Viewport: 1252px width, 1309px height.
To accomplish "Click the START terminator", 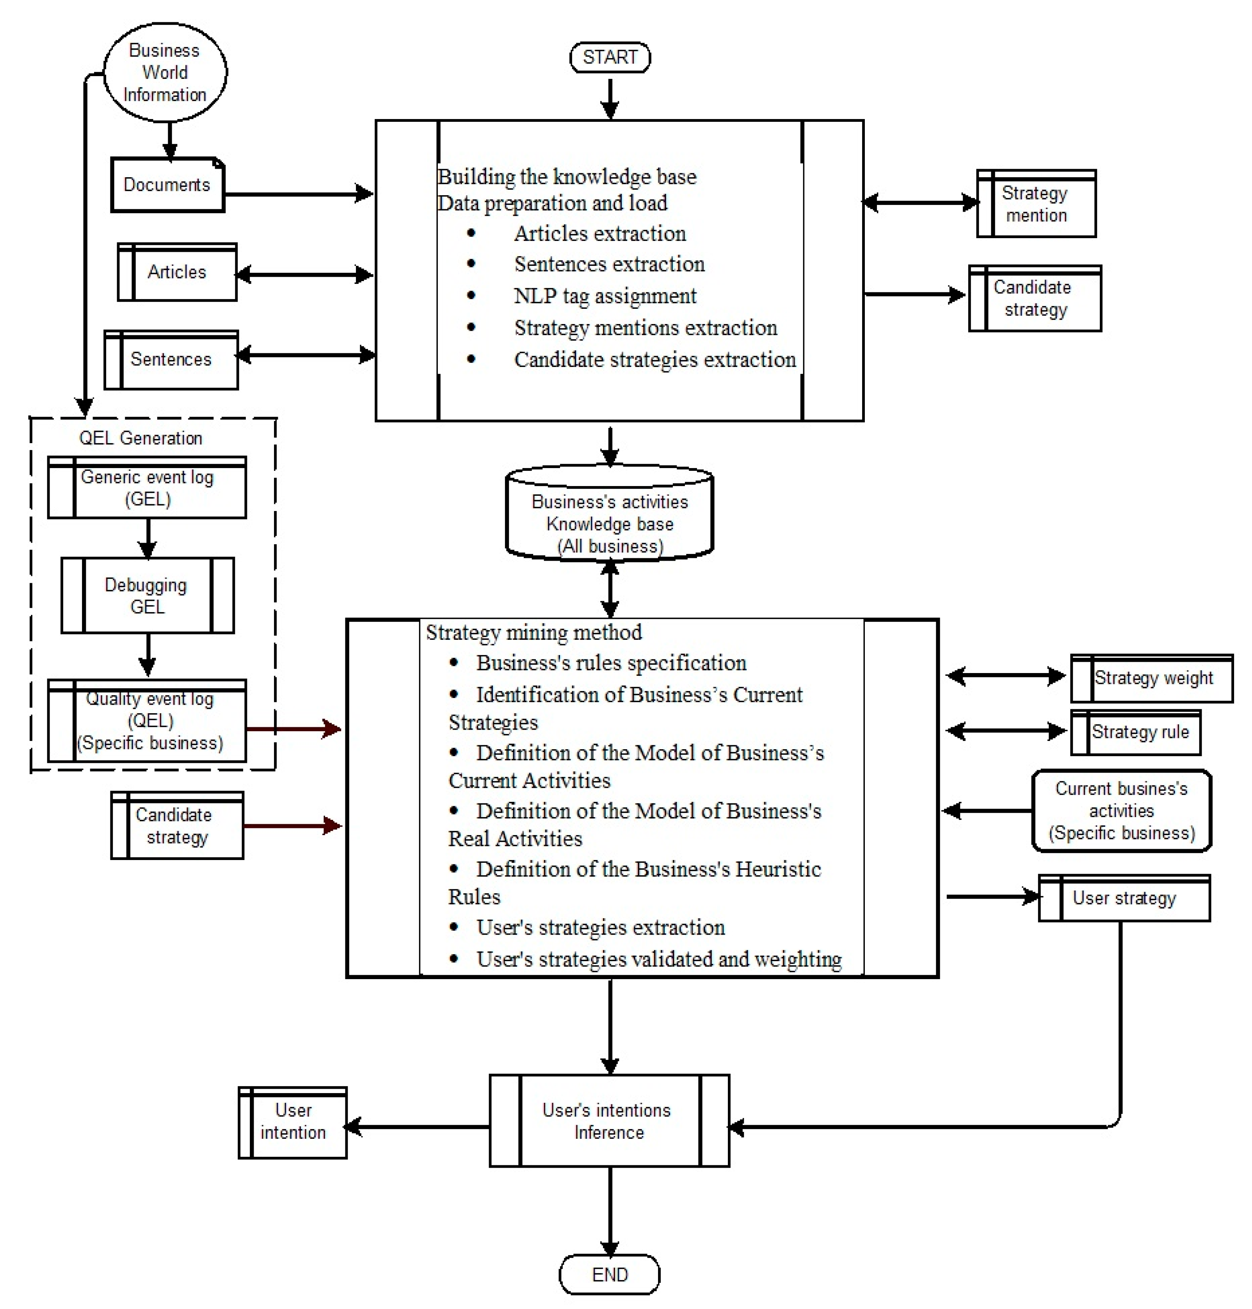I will point(609,57).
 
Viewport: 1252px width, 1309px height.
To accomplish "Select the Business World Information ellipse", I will point(165,72).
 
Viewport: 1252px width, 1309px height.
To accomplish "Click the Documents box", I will point(167,185).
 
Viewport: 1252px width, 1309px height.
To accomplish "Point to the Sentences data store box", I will point(171,359).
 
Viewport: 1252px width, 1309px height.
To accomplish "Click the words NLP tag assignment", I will point(605,296).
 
